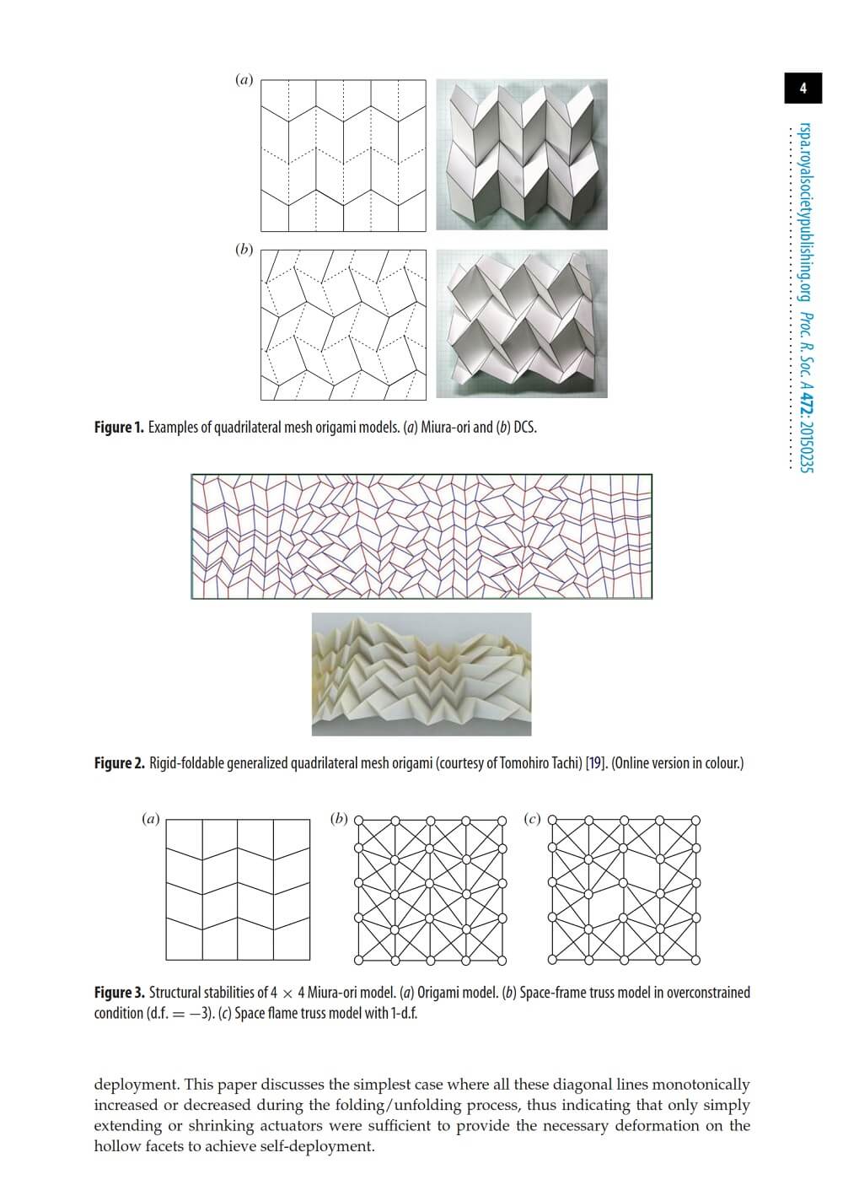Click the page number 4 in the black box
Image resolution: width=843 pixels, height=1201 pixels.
click(803, 88)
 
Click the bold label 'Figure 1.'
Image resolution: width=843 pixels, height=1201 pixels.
click(119, 428)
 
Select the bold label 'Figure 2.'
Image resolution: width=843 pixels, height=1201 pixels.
click(119, 764)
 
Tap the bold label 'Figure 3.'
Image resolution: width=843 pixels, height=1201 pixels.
click(119, 994)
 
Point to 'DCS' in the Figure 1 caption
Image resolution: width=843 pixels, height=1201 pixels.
click(524, 428)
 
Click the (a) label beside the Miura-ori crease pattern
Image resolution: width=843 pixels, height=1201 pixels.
click(244, 80)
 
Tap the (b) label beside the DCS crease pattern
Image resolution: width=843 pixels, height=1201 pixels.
click(244, 250)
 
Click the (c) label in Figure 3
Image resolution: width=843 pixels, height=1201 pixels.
click(532, 818)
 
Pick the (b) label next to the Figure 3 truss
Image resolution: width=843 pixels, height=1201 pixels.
click(339, 818)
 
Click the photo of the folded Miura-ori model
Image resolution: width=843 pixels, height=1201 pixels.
click(521, 154)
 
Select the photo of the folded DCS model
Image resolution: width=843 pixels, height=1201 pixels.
click(521, 323)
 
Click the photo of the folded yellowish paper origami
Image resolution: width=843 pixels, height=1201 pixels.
click(421, 674)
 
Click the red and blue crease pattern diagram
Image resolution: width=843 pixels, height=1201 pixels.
click(421, 536)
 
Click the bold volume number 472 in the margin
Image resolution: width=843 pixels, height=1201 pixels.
click(805, 409)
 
